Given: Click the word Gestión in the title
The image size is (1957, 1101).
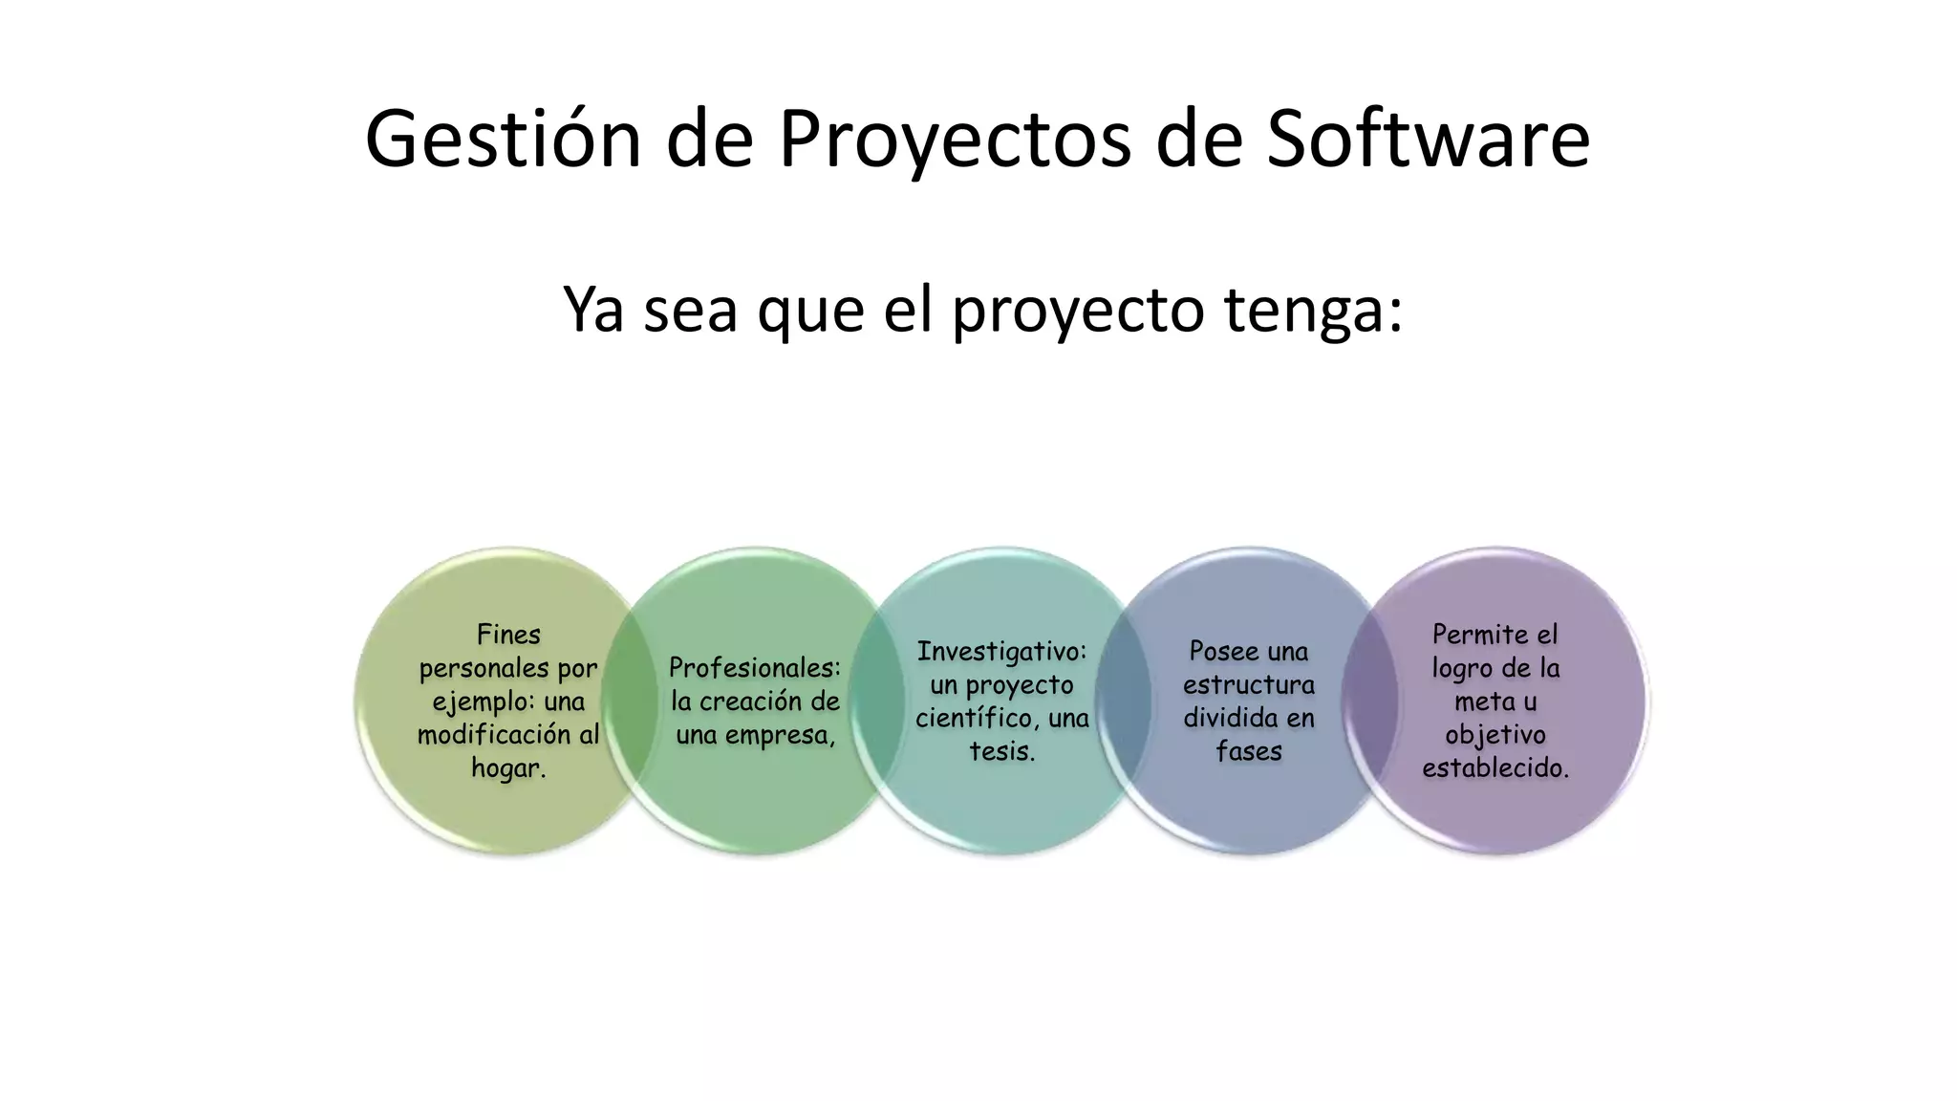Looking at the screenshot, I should point(503,140).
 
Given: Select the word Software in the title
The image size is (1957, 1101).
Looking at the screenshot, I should point(1428,140).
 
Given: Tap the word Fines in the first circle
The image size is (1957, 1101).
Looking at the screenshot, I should point(508,635).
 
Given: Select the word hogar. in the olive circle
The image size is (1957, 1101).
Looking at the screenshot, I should point(508,768).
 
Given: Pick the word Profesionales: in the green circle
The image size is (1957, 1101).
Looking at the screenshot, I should point(755,667).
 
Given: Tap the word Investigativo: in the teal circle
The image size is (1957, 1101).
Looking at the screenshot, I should point(1001,652).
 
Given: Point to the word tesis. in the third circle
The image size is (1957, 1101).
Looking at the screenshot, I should point(1001,752).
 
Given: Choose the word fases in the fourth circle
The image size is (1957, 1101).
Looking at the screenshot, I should point(1248,752).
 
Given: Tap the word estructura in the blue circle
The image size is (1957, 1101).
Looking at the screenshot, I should point(1248,685).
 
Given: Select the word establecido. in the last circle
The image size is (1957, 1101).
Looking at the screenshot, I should point(1495,768).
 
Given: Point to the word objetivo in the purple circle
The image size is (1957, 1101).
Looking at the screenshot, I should point(1495,735).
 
